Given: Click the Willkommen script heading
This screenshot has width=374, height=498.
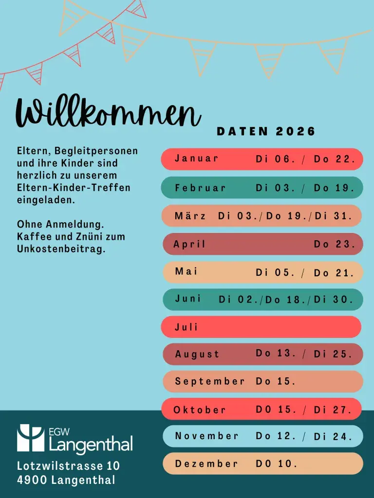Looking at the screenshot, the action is click(x=108, y=112).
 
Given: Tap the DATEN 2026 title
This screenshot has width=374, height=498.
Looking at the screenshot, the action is click(x=266, y=131).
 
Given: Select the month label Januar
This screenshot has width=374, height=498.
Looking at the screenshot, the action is click(x=197, y=158).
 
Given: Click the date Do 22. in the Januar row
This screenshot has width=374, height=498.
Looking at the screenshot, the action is click(x=334, y=159).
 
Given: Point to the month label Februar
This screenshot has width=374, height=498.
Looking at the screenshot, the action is click(x=200, y=187).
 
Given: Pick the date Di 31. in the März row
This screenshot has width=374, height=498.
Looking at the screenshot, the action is click(x=333, y=215).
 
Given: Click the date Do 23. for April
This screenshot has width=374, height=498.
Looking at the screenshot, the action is click(x=334, y=244).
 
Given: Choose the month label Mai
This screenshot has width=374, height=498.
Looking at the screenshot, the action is click(x=187, y=271).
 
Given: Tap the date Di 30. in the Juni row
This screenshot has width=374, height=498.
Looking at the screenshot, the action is click(x=333, y=299).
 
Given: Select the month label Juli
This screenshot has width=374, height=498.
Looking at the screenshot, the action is click(x=187, y=326).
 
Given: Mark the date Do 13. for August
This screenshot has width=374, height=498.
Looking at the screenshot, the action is click(x=276, y=353).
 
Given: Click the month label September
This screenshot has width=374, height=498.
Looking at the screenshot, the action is click(x=209, y=381).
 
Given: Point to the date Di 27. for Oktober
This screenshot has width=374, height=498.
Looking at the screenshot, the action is click(x=333, y=409).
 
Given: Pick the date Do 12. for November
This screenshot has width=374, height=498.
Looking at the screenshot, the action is click(x=276, y=436).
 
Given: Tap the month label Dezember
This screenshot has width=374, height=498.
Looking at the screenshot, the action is click(x=206, y=463).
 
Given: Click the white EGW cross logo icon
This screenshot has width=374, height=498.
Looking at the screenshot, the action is click(x=31, y=438).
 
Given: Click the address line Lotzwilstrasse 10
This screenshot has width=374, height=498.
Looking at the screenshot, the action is click(x=68, y=465).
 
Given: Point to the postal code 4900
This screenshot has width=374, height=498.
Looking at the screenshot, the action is click(x=32, y=480).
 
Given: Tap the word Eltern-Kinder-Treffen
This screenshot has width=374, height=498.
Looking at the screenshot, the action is click(x=74, y=187).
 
